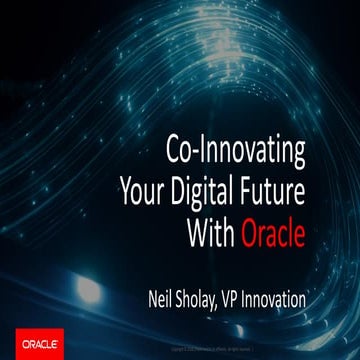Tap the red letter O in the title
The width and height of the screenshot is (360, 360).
pos(249,234)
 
